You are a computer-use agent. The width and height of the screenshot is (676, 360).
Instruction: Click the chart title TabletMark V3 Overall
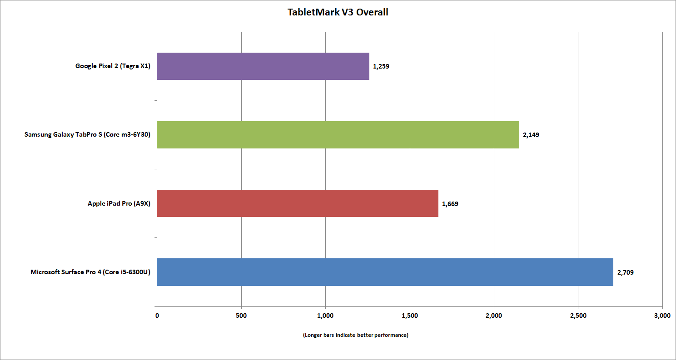pyautogui.click(x=338, y=12)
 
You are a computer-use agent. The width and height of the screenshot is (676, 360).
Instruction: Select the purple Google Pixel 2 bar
pyautogui.click(x=263, y=66)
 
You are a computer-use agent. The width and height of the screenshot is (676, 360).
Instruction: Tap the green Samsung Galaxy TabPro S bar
pyautogui.click(x=338, y=135)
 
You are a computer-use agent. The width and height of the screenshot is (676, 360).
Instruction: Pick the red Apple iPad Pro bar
pyautogui.click(x=298, y=203)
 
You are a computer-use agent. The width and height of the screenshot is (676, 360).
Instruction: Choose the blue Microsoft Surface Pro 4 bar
pyautogui.click(x=385, y=272)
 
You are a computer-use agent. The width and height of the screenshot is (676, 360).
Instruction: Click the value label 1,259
pyautogui.click(x=381, y=66)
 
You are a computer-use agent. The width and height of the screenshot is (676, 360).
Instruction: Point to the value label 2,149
pyautogui.click(x=531, y=135)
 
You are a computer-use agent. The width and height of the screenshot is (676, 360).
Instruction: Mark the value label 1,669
pyautogui.click(x=450, y=204)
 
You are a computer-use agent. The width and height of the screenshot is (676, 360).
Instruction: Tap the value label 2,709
pyautogui.click(x=625, y=272)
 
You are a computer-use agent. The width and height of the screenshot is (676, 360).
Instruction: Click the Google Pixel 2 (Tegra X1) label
pyautogui.click(x=113, y=66)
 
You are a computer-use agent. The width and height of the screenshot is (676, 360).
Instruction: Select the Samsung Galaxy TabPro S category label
pyautogui.click(x=87, y=135)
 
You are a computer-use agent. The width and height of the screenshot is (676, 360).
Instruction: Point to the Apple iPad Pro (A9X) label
pyautogui.click(x=119, y=204)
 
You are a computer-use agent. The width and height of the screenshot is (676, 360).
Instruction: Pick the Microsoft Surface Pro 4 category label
pyautogui.click(x=90, y=272)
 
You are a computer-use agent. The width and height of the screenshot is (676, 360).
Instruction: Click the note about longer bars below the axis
pyautogui.click(x=356, y=335)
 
